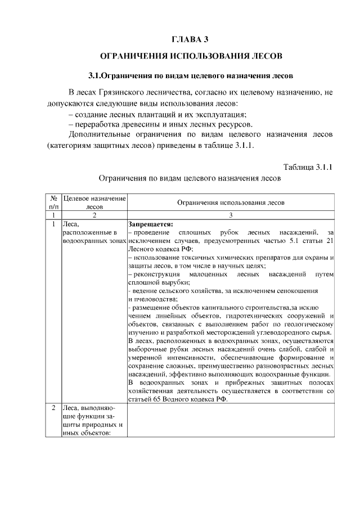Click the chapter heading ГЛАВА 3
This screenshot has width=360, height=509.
(190, 39)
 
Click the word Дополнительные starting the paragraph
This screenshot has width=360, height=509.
(98, 135)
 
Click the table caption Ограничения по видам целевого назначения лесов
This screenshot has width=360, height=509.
(190, 178)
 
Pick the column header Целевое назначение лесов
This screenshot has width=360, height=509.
(94, 202)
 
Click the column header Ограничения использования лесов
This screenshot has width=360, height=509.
(231, 202)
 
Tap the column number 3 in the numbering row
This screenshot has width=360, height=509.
(231, 215)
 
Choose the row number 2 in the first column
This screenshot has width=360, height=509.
(52, 408)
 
